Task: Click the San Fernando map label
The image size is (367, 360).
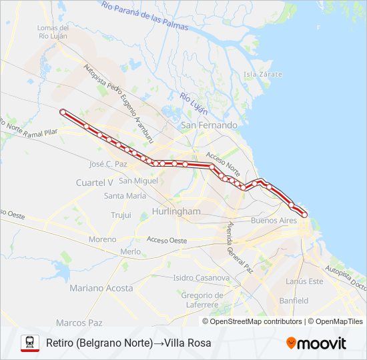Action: [209, 125]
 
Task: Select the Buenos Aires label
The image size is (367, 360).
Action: [274, 221]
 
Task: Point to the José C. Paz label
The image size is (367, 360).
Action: [107, 163]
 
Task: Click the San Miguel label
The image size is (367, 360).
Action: [138, 181]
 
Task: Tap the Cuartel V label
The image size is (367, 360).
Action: [94, 182]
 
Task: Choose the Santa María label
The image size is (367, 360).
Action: [125, 196]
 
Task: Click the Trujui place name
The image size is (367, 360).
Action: [121, 215]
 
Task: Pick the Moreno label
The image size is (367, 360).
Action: [102, 239]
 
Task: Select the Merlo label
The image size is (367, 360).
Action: [130, 252]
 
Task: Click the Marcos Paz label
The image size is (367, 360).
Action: [79, 323]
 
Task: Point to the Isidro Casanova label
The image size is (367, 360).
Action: [201, 277]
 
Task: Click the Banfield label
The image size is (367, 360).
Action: [294, 301]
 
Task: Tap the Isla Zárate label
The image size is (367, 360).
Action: [262, 74]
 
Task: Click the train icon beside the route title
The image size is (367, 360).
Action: [30, 343]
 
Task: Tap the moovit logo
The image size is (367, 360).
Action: [316, 343]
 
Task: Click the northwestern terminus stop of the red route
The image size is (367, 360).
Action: [63, 112]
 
